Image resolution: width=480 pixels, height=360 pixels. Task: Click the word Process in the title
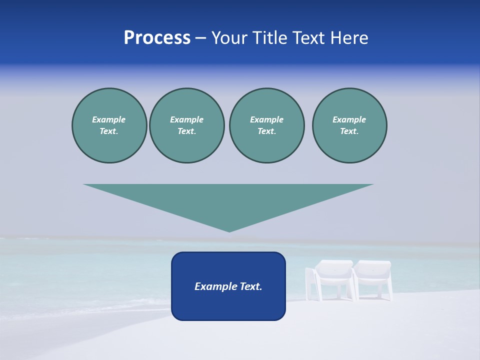157,38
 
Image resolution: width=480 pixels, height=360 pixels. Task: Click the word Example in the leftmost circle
109,119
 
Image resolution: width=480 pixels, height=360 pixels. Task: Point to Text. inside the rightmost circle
349,131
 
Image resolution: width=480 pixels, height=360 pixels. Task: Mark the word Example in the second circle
186,119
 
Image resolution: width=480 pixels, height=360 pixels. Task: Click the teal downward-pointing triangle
228,200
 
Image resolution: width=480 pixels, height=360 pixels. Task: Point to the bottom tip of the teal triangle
229,230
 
